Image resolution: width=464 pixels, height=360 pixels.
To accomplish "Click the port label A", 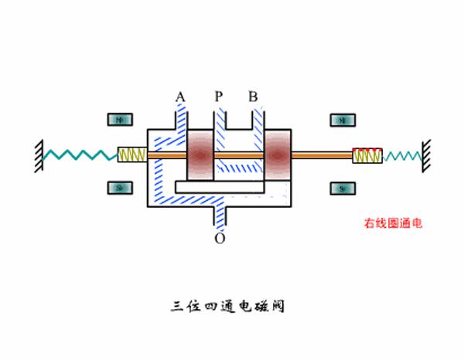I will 180,97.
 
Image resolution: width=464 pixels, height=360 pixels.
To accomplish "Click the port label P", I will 219,97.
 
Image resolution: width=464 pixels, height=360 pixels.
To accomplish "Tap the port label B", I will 253,97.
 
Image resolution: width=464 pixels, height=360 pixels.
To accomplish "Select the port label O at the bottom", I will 220,238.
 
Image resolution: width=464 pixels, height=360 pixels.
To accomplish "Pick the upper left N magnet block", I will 119,120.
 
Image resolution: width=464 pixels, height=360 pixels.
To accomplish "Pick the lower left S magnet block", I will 119,188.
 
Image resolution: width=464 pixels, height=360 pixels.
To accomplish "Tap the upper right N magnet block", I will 341,120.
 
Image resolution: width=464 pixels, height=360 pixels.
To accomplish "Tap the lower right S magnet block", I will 341,188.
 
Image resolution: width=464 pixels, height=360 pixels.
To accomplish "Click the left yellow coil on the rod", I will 131,155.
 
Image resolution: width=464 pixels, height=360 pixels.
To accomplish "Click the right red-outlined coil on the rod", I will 366,155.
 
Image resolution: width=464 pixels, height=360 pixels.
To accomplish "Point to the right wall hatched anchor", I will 426,152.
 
